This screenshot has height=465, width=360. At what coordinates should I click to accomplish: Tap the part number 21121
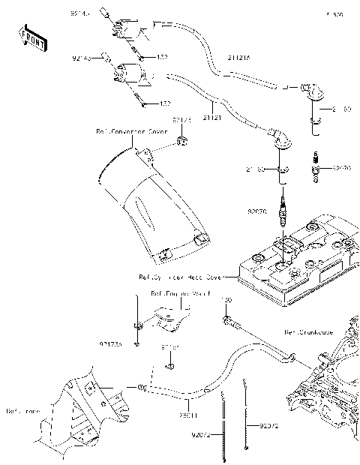193,118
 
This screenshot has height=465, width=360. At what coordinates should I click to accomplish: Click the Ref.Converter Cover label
131,130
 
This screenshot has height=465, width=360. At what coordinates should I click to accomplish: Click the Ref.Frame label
22,411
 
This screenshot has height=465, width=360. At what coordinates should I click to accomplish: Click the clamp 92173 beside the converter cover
181,141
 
